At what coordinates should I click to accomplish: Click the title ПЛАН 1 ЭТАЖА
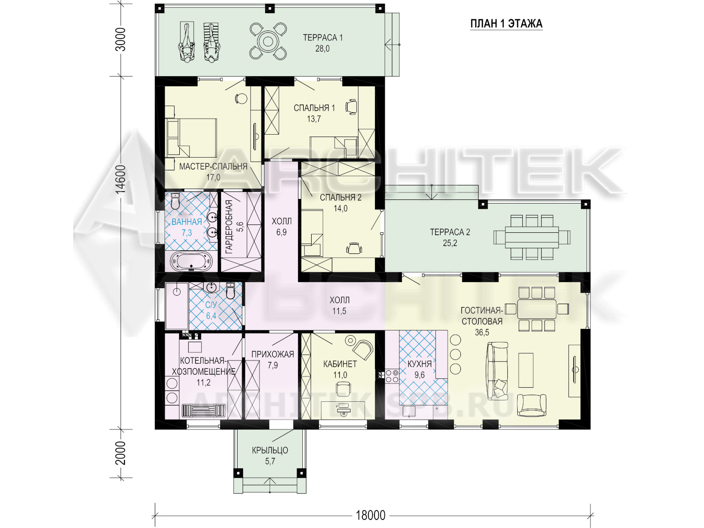506,24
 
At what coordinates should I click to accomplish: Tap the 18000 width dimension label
370,515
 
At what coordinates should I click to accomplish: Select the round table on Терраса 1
268,41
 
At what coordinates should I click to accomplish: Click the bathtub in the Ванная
191,261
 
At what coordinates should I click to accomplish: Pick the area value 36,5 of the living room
482,332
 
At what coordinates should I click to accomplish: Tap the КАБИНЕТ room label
340,364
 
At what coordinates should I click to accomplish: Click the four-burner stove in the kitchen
392,376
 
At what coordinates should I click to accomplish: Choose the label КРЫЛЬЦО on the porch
270,451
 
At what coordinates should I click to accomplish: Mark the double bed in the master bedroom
191,138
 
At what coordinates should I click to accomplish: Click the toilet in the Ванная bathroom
175,201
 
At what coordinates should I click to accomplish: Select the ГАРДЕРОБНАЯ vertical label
229,227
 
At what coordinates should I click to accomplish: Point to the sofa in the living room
497,371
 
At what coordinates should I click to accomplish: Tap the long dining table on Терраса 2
532,237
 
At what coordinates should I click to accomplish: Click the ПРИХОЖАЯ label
273,354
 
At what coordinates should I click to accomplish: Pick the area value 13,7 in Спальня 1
314,119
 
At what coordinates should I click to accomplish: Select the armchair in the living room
532,405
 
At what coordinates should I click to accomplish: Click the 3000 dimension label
121,40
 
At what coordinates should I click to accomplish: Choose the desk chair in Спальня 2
354,248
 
